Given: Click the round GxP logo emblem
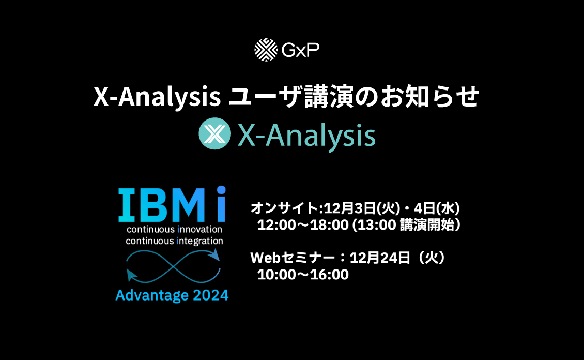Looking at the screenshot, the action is point(266,50).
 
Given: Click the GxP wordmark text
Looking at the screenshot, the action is point(301,50).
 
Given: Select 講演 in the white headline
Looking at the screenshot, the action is point(329,97).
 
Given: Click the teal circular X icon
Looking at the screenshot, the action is point(214,133).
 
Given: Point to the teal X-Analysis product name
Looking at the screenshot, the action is point(306,136).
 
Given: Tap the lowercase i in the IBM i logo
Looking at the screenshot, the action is point(221,204).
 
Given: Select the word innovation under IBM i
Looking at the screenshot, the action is point(199,229).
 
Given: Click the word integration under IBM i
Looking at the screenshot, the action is point(199,241).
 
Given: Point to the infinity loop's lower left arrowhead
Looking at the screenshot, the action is point(131,275).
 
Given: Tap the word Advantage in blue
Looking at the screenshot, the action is point(152,295).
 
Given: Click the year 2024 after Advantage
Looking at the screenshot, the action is point(211,295).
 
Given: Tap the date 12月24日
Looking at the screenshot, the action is point(380,258).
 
